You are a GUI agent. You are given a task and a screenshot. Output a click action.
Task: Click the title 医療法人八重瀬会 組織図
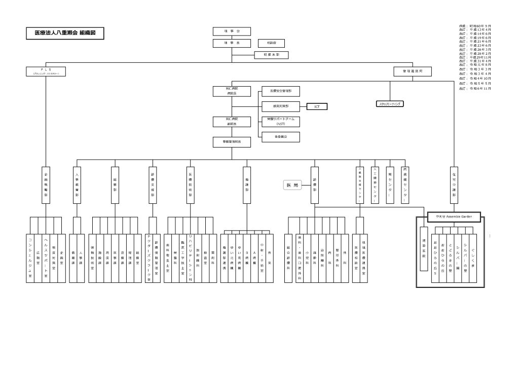coord(65,33)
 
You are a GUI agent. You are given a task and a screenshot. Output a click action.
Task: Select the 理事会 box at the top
coord(232,31)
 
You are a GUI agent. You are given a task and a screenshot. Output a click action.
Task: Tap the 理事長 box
coord(232,43)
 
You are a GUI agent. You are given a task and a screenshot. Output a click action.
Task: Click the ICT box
coord(317,106)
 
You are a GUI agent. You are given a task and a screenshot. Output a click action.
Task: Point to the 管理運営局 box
coord(412,71)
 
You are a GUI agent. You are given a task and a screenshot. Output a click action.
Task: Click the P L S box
coord(46,71)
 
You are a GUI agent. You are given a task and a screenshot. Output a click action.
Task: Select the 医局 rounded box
coord(292,186)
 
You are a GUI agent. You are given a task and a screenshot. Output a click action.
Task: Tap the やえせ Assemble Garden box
coord(450,216)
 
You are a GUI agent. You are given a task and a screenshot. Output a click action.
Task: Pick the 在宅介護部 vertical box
coord(454,186)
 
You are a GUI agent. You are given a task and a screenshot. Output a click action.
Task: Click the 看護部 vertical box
coord(247,186)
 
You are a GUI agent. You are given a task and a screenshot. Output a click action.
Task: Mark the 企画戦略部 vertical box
coord(46,186)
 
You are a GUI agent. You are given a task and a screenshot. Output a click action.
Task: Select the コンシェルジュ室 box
coord(30,258)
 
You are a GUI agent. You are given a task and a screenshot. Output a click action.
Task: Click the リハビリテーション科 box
coord(190,258)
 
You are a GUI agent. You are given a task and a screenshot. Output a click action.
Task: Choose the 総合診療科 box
coord(288,258)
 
